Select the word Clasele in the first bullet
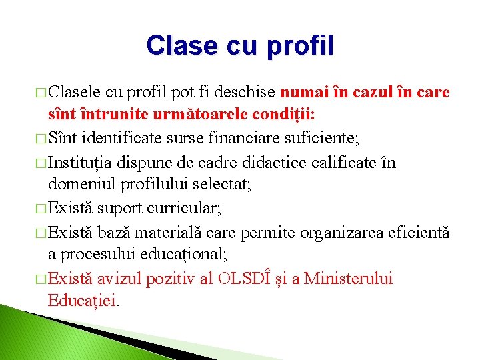pyautogui.click(x=75, y=91)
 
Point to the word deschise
pyautogui.click(x=249, y=91)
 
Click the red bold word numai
pyautogui.click(x=302, y=91)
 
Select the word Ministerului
pyautogui.click(x=348, y=278)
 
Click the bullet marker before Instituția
pyautogui.click(x=42, y=162)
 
